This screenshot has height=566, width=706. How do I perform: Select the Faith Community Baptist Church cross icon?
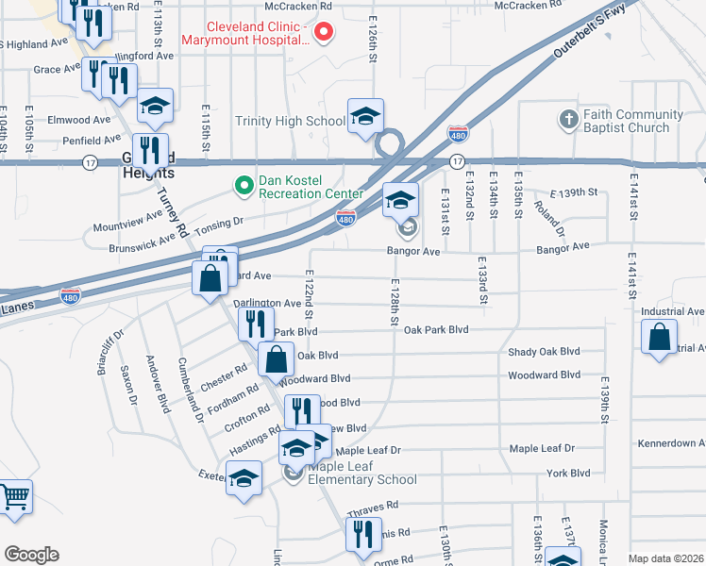(567, 120)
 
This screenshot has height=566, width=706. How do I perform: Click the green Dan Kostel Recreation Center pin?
(244, 186)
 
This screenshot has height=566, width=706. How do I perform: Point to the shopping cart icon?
(13, 497)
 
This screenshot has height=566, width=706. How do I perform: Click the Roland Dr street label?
(548, 218)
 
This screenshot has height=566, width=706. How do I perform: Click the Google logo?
(31, 555)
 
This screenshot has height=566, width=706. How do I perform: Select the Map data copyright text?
(665, 558)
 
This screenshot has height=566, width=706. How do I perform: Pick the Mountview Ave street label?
(127, 227)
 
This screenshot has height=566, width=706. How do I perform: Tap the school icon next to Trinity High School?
(365, 116)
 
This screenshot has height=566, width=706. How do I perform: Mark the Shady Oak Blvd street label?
(543, 352)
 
